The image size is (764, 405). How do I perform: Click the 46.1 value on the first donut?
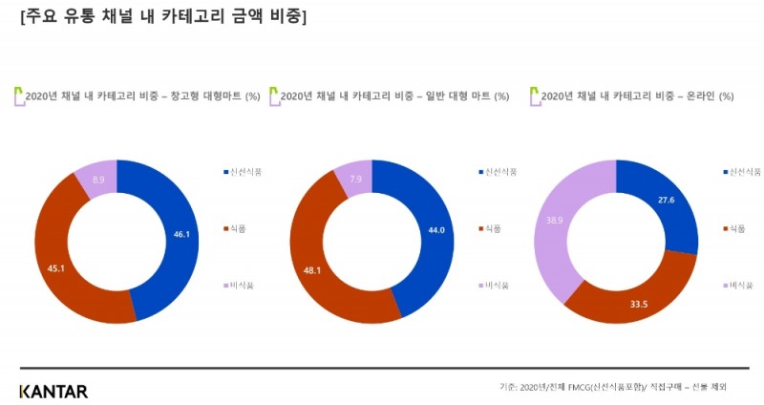[180, 232]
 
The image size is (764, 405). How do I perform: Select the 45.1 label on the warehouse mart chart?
[55, 268]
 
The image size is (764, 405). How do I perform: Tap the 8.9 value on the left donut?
[99, 179]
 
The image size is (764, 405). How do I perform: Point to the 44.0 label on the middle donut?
[435, 228]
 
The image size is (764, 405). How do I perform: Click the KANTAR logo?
[53, 391]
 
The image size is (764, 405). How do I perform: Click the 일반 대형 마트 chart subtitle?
[393, 96]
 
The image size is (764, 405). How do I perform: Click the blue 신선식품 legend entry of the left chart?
[241, 172]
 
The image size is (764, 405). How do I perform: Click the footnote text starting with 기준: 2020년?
[612, 387]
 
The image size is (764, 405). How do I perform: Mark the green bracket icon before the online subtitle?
[534, 96]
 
